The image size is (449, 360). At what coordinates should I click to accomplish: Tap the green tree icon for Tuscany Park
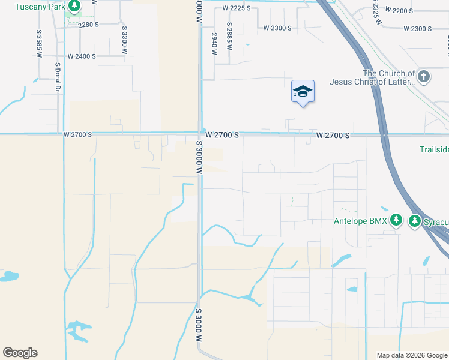[x=74, y=7]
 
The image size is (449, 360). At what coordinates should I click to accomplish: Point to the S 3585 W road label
[x=39, y=44]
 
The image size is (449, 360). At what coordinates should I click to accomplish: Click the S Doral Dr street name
[x=58, y=77]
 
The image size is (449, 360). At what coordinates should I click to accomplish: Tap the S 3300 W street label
[x=124, y=40]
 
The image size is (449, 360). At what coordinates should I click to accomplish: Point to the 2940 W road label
[x=214, y=44]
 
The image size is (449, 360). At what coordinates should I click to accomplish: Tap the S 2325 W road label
[x=375, y=12]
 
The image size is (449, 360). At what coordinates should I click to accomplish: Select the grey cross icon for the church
[x=424, y=76]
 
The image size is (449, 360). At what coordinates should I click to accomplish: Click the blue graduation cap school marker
[x=303, y=92]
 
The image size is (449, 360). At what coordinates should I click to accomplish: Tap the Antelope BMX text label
[x=360, y=221]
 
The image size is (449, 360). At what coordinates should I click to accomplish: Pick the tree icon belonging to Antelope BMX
[x=396, y=220]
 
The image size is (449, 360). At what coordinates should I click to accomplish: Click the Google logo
[x=20, y=353]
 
